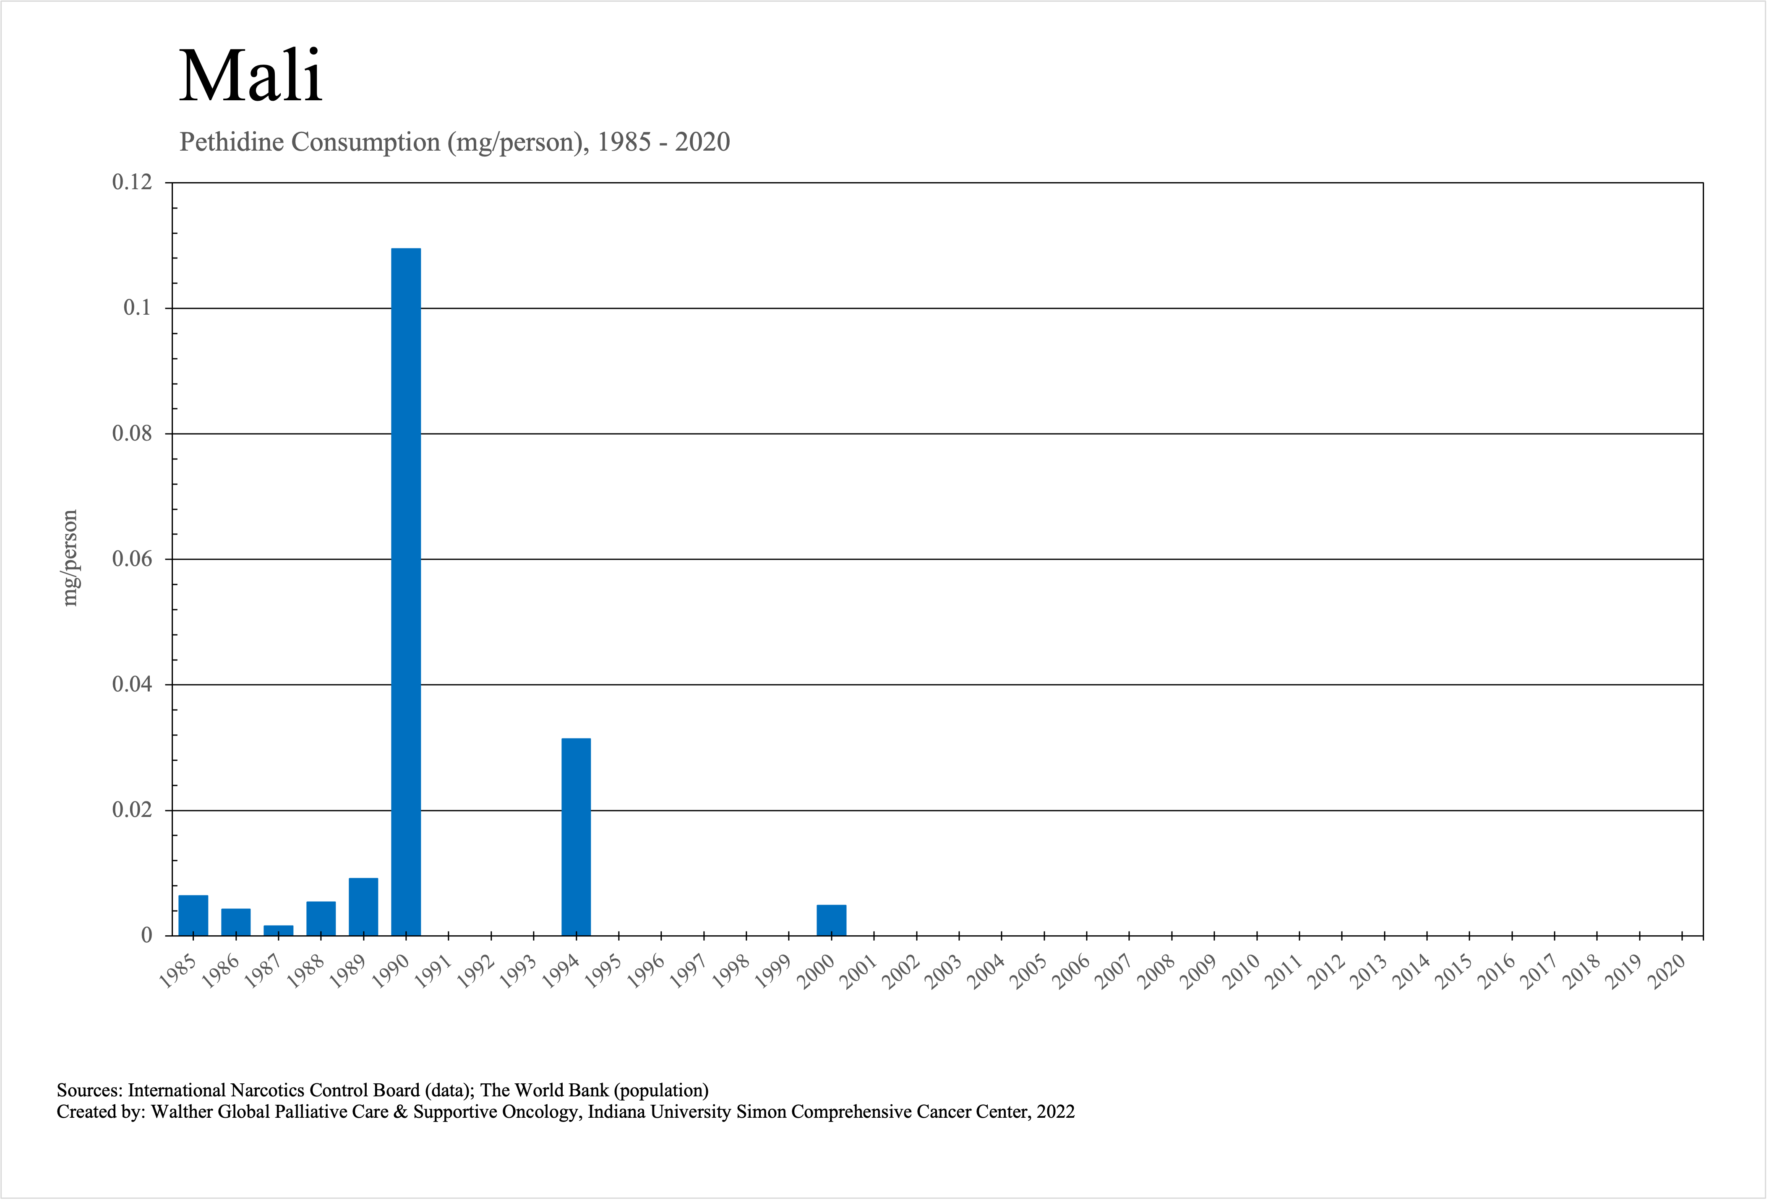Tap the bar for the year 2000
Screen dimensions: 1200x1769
tap(831, 920)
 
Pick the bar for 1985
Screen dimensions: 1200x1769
tap(193, 916)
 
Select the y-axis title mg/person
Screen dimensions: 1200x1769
tap(70, 558)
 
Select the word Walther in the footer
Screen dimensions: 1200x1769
tap(182, 1112)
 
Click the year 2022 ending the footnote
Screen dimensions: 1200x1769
tap(1056, 1112)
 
